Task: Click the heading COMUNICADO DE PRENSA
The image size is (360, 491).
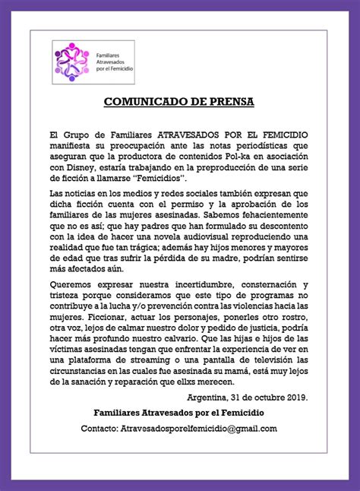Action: (x=179, y=101)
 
